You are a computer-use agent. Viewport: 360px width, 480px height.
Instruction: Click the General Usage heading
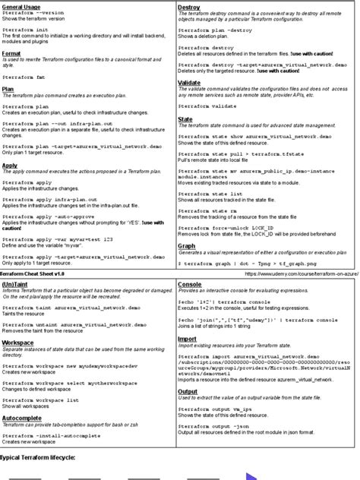coord(21,7)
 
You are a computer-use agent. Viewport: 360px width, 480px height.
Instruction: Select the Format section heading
coord(11,54)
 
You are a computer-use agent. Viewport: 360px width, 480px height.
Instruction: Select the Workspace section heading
coord(18,343)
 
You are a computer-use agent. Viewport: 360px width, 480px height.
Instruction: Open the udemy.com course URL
coord(301,273)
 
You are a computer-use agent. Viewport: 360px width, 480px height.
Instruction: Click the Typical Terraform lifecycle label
coord(37,458)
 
